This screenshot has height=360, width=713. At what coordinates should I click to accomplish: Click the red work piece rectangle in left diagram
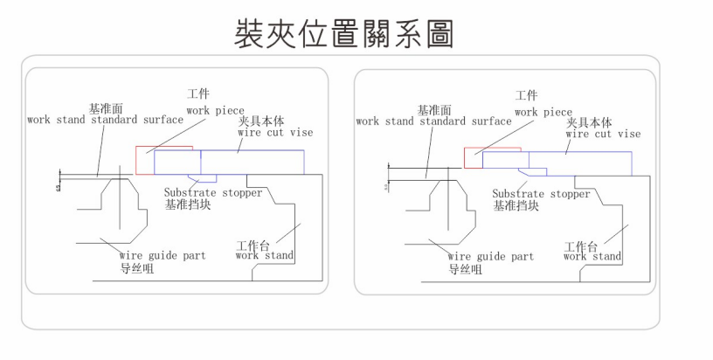click(143, 160)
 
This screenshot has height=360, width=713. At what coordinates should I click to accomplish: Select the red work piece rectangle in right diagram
click(473, 158)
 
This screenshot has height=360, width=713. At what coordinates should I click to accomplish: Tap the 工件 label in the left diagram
click(198, 93)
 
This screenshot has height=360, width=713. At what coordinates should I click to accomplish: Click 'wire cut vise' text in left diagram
click(275, 133)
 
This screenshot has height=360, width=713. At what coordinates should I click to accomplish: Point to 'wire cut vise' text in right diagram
click(603, 135)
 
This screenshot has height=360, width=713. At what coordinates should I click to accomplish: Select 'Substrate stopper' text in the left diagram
click(213, 192)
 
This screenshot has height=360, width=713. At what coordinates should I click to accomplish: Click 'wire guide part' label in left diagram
click(163, 256)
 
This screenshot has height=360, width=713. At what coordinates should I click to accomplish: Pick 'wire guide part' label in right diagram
click(490, 257)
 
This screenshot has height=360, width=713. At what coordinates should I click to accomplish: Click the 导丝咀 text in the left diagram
click(137, 269)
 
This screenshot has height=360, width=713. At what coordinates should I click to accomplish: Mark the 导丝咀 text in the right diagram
click(465, 270)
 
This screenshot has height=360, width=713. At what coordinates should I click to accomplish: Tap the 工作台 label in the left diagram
click(253, 245)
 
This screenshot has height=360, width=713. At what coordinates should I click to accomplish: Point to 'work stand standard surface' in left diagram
click(104, 120)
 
